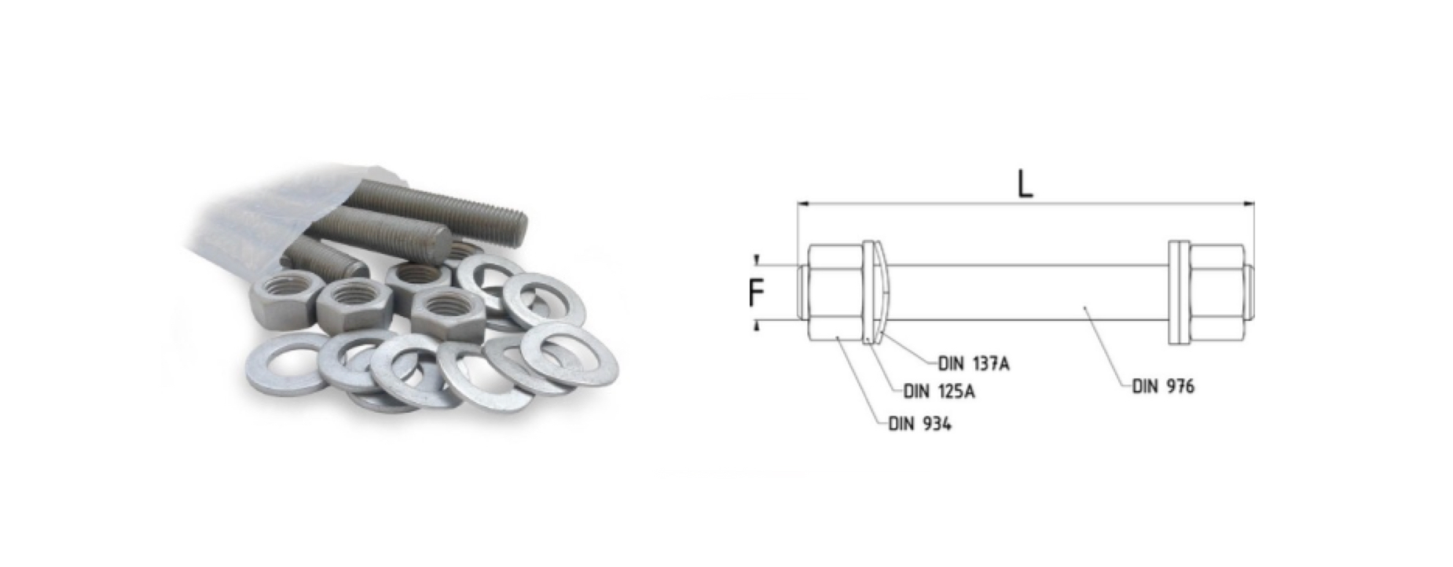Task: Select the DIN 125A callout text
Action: tap(939, 391)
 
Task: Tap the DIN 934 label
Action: tap(919, 424)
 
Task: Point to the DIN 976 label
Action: tap(1163, 386)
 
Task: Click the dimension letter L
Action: tap(1024, 184)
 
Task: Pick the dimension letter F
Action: tap(756, 293)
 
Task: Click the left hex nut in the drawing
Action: tap(834, 292)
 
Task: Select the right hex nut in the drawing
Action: tap(1216, 292)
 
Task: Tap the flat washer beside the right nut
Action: tap(1175, 292)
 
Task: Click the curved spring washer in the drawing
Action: tap(882, 292)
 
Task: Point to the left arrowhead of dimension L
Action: tap(802, 204)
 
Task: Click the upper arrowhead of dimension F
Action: tap(757, 260)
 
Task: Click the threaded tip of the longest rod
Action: tap(515, 223)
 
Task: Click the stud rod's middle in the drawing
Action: tap(1026, 292)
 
